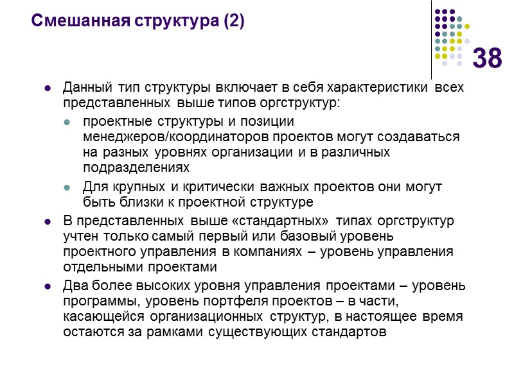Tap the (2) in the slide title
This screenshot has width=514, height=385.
[234, 21]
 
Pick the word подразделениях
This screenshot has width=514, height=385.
[136, 168]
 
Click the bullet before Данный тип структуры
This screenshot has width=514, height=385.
[48, 89]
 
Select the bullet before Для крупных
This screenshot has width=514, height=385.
[67, 188]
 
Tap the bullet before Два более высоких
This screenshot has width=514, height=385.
[48, 287]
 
